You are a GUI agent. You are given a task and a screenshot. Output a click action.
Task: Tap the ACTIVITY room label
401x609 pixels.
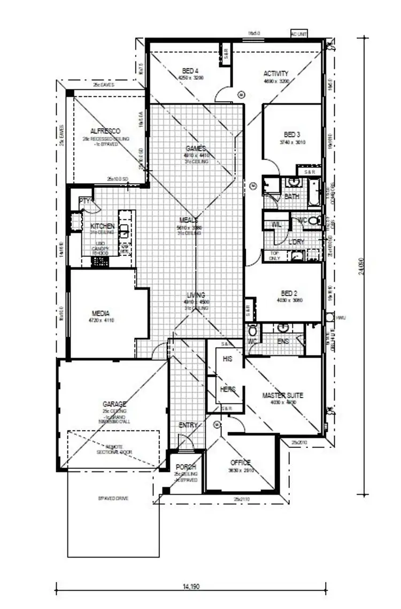tap(276, 73)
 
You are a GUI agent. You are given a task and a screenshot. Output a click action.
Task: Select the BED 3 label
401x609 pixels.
tap(291, 134)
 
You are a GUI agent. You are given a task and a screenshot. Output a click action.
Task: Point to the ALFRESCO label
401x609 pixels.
tap(105, 131)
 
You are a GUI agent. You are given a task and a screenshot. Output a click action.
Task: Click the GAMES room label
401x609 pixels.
tap(196, 149)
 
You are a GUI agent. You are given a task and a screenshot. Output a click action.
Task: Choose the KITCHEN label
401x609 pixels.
tap(102, 226)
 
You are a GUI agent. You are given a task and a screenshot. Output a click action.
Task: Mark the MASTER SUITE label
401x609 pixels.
tap(283, 395)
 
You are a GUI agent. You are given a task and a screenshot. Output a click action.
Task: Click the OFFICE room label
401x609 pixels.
tap(240, 462)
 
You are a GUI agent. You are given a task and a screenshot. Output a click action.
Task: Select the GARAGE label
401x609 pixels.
tap(114, 404)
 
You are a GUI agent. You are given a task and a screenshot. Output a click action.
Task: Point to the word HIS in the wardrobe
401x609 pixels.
tap(228, 359)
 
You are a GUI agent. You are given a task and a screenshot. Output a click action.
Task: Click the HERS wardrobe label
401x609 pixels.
tap(228, 389)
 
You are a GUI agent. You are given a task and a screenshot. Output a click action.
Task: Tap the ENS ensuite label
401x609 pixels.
tap(283, 341)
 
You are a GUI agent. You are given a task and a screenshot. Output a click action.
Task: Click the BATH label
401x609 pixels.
tap(292, 196)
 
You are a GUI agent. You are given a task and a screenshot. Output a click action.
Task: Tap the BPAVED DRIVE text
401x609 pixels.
tap(113, 498)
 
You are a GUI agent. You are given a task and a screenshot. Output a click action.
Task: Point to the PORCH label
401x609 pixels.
tap(186, 467)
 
